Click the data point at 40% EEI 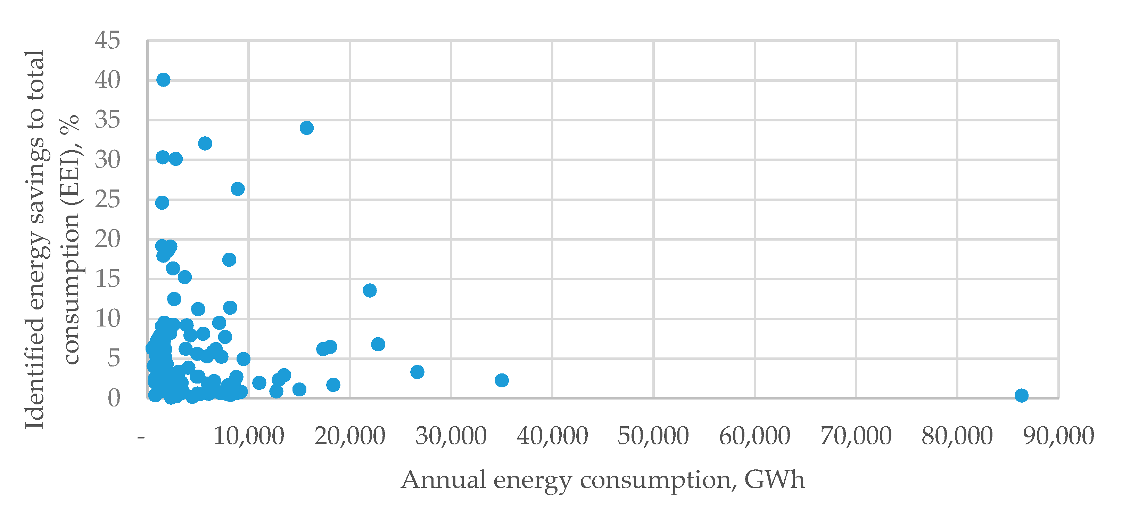coord(163,80)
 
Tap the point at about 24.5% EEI coord(162,203)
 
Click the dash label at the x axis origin coord(141,436)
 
